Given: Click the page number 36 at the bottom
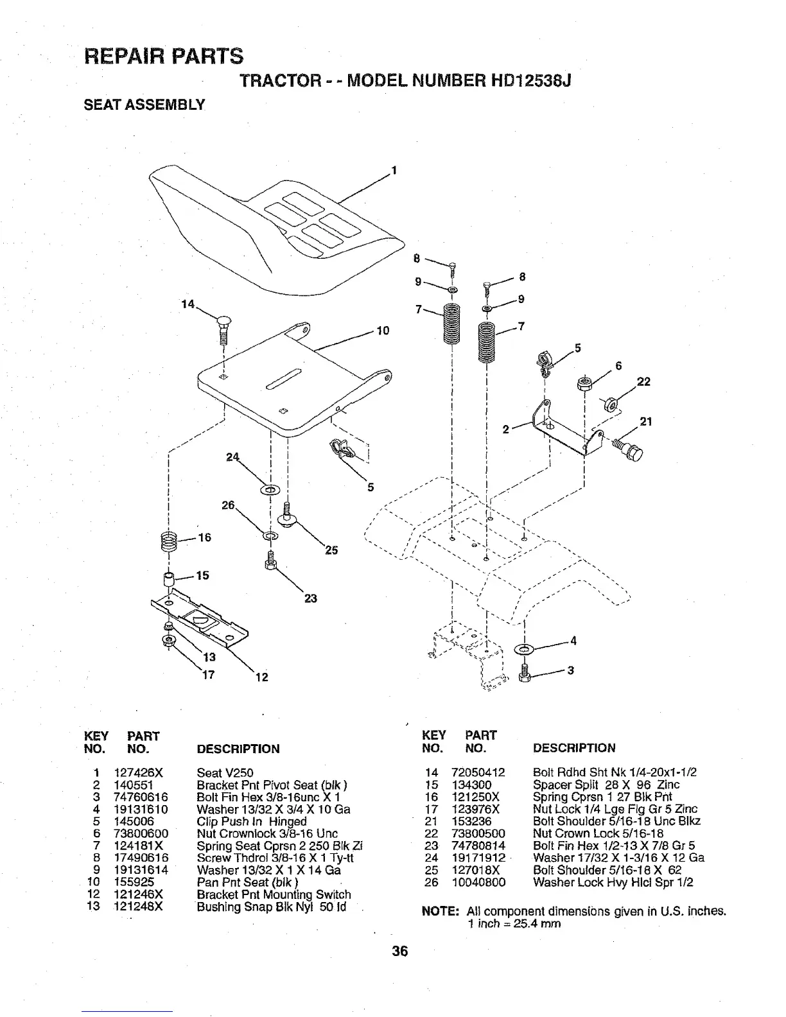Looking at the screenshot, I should tap(400, 952).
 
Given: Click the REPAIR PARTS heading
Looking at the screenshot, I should tap(164, 56).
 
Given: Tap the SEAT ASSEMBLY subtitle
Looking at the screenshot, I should tap(144, 105).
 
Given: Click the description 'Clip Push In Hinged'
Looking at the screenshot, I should tap(251, 822).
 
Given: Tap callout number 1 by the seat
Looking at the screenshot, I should tap(394, 171).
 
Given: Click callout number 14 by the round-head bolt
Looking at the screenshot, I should tap(188, 305).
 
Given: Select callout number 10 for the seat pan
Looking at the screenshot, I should tap(383, 331).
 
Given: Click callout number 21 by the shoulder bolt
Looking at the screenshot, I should tap(646, 422).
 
